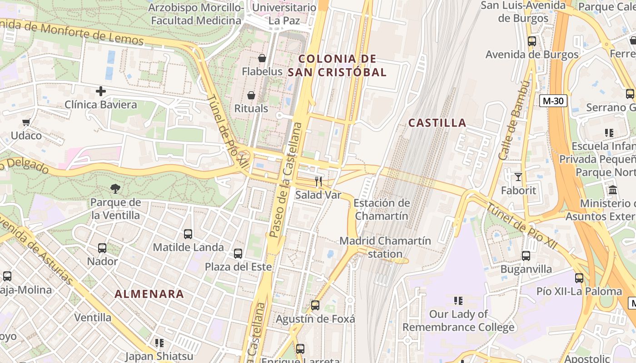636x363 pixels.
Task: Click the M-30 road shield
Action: coord(553,101)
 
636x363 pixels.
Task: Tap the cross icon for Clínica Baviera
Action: coord(101,91)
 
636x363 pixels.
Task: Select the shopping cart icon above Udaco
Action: coord(26,122)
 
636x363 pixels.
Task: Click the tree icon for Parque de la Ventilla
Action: coord(115,188)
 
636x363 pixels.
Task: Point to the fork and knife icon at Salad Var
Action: coord(318,181)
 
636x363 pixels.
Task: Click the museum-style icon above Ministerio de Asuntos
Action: coord(613,190)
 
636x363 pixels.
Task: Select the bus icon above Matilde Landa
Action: coord(188,234)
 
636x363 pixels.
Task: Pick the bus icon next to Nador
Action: coord(102,248)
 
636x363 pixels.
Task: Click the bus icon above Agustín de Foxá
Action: coord(315,305)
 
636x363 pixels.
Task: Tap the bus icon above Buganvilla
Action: coord(526,255)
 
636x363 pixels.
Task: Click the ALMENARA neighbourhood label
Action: coord(149,294)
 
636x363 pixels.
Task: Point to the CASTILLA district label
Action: coord(437,123)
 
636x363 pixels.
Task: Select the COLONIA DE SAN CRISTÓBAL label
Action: coord(338,65)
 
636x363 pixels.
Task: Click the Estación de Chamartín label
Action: coord(382,209)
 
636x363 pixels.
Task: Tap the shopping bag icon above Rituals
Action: coord(251,95)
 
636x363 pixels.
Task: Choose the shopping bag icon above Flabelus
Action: coord(262,58)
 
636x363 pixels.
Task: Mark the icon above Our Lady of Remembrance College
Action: coord(458,300)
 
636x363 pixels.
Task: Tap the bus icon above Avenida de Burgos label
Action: coord(532,41)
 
